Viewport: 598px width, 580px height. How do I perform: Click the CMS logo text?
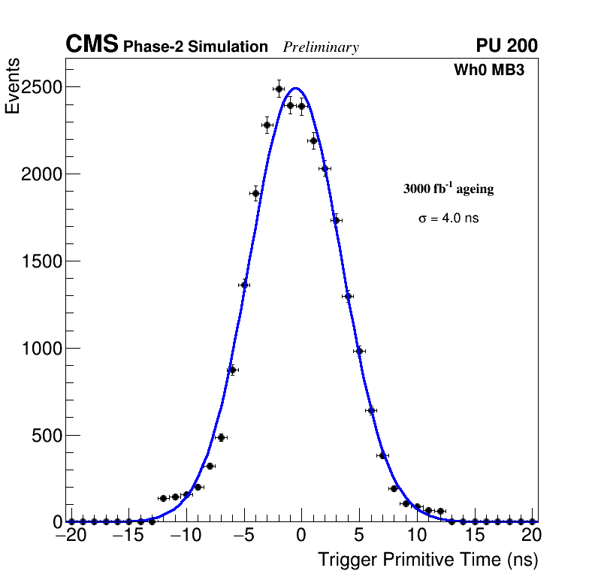tap(92, 45)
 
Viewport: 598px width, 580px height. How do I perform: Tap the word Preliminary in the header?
tap(321, 47)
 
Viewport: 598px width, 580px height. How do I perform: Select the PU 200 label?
tap(506, 46)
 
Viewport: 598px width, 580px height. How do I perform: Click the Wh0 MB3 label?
tap(488, 71)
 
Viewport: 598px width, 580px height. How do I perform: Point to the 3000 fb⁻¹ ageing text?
tap(448, 189)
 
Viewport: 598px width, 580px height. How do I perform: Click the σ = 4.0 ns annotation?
tap(448, 219)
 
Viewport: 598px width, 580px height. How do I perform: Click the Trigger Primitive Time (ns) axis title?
tap(427, 560)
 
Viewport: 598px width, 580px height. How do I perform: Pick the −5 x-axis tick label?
tap(244, 536)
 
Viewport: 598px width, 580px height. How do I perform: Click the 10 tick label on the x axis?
tap(417, 536)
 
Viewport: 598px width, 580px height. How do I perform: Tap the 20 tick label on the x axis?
tap(532, 536)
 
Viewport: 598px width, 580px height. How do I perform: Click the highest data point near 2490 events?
tap(279, 89)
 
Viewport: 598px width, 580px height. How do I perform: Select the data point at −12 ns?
tap(163, 498)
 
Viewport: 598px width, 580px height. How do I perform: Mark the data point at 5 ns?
tap(359, 351)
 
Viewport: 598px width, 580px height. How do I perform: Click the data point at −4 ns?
tap(255, 193)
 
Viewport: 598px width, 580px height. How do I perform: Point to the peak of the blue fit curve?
tap(296, 88)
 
